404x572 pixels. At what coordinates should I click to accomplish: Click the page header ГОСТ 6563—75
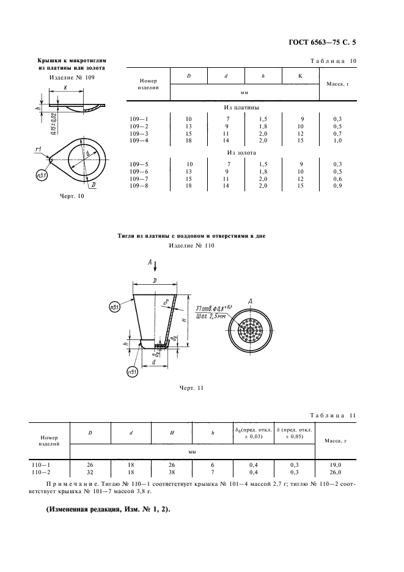click(316, 42)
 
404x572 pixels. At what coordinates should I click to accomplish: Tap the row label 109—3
click(141, 134)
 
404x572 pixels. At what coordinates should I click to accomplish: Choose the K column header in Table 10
click(301, 76)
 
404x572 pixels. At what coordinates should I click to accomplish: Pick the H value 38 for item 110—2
click(172, 472)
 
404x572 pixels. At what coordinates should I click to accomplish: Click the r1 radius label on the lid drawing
click(38, 150)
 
